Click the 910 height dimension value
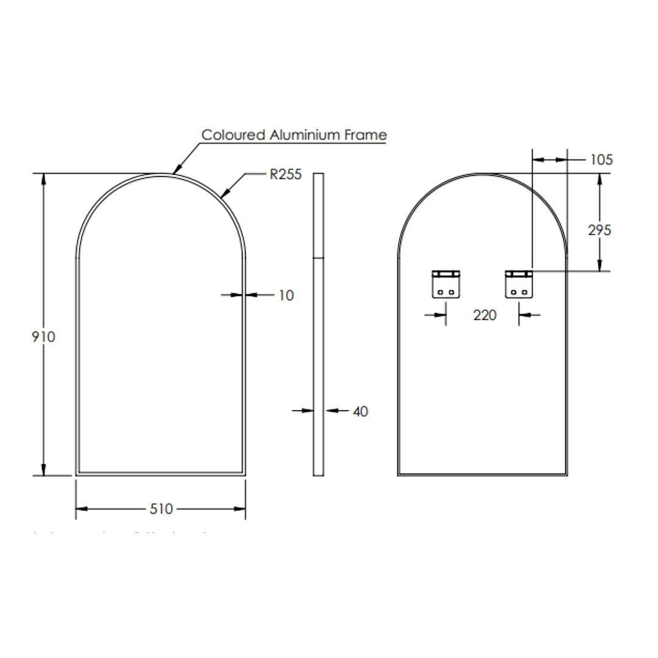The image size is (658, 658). [x=43, y=336]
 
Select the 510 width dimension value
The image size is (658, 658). [x=161, y=509]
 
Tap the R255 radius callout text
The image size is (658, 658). [x=285, y=175]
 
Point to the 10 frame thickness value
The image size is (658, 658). [x=286, y=295]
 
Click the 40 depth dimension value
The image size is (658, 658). [x=360, y=412]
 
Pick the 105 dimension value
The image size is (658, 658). [x=601, y=160]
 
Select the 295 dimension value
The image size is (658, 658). [x=600, y=230]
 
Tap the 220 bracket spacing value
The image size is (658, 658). [x=484, y=315]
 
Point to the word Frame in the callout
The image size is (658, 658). [x=366, y=135]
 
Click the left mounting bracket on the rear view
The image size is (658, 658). [x=446, y=284]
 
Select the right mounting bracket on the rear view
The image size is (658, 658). [x=518, y=284]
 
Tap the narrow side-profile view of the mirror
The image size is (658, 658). [x=318, y=324]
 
